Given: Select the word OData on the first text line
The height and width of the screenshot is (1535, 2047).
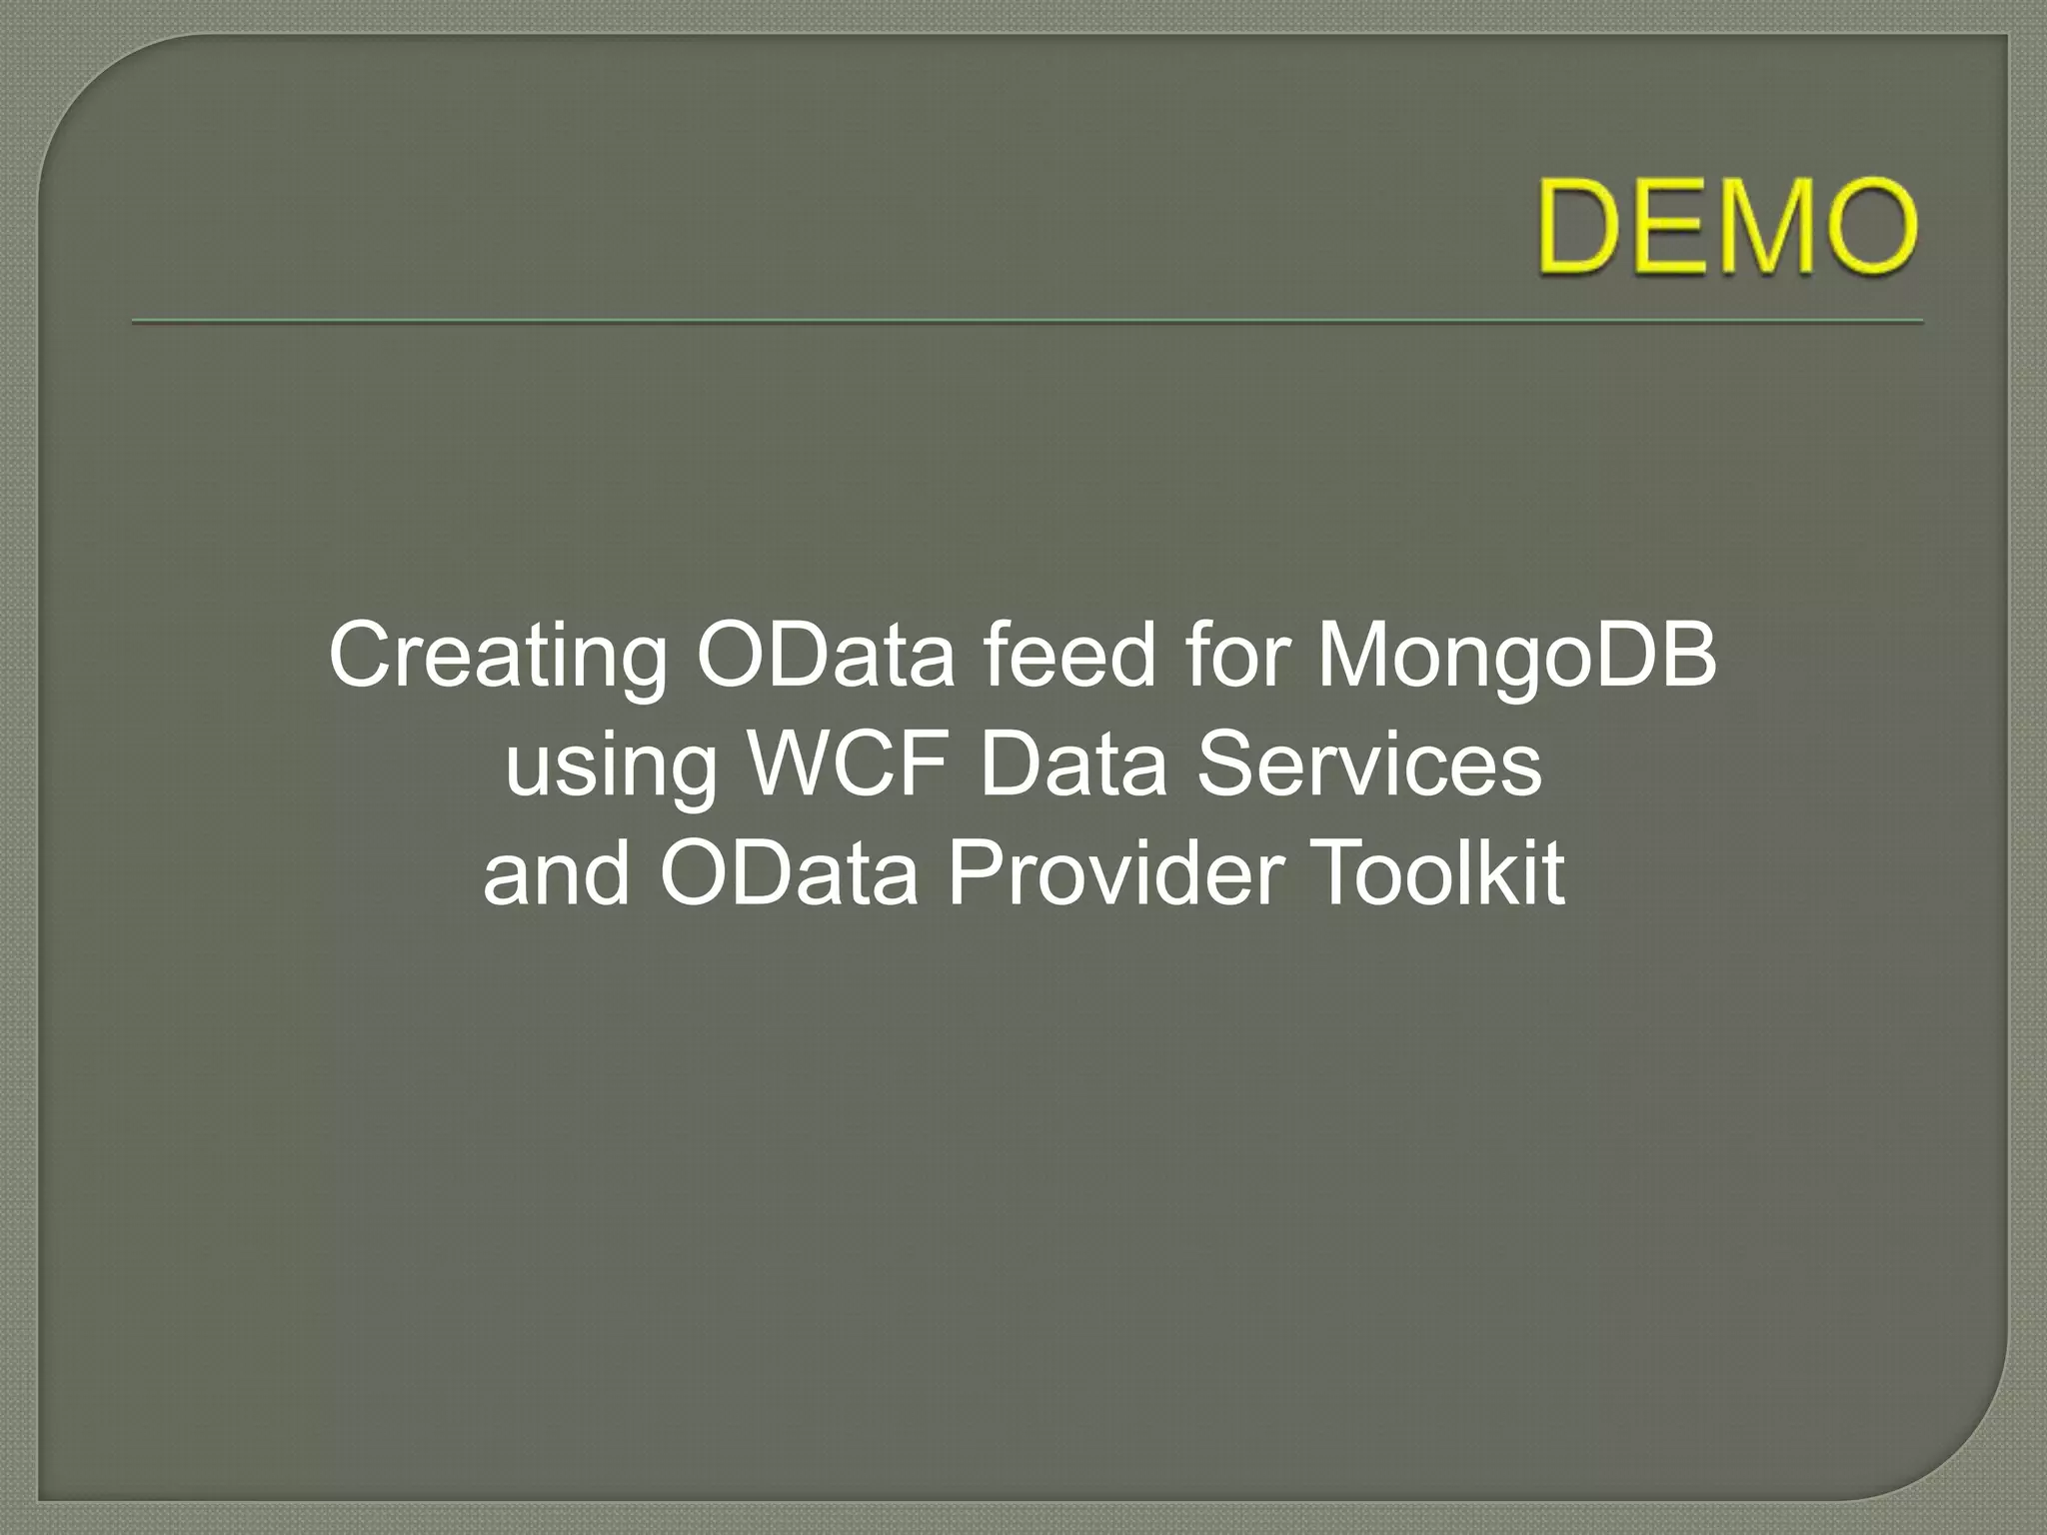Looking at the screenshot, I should [826, 656].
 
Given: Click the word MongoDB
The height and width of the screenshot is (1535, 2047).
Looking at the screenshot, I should [1515, 658].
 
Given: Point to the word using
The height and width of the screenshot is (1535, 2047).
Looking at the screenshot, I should [611, 767].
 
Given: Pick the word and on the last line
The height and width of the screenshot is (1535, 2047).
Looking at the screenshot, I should [556, 873].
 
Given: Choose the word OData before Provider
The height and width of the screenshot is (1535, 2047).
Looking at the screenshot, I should [789, 873].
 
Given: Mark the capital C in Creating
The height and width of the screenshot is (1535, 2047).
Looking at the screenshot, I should [360, 656].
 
